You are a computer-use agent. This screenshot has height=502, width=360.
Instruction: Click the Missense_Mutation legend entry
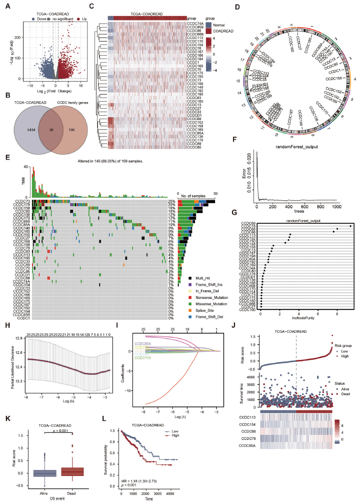click(206, 303)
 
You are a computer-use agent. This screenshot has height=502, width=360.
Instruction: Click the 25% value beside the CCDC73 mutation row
click(171, 201)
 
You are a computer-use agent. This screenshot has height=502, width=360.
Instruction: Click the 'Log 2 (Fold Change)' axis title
click(50, 87)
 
